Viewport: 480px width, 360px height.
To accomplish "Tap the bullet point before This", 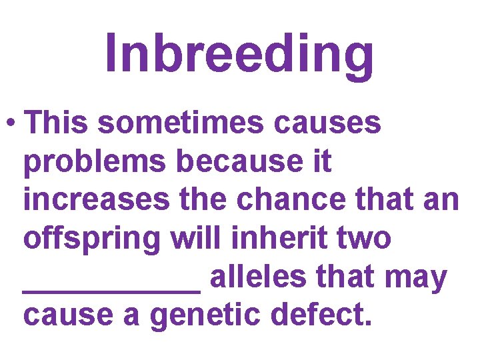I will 9,124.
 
